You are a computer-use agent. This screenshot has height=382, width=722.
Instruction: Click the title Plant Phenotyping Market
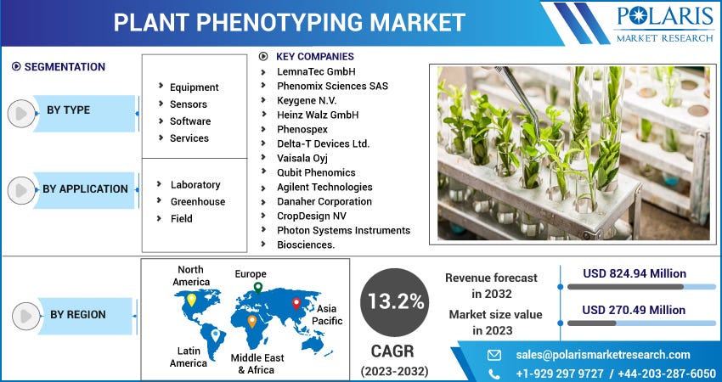290,22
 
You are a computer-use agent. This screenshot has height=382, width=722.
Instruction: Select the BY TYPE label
68,110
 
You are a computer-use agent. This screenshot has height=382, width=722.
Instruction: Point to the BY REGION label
77,315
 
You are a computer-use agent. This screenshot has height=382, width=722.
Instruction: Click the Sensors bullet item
188,104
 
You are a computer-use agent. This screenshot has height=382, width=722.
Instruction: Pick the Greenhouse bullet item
197,202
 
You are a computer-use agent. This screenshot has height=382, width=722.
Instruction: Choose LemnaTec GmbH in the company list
316,71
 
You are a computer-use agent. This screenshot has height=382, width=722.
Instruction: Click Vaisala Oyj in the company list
302,158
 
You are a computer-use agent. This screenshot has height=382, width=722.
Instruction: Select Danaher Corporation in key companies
324,201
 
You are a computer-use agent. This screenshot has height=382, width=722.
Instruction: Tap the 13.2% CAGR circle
393,301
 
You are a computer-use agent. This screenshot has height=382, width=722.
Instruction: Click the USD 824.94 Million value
635,273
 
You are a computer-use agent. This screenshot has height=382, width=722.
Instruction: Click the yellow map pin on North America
191,300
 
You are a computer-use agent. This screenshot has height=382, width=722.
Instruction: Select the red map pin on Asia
296,303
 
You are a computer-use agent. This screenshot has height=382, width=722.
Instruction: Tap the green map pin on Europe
257,287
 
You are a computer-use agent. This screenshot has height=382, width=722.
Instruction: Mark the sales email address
603,355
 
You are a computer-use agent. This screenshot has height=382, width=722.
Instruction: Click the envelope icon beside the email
494,355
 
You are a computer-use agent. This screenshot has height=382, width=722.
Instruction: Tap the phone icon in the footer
494,374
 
